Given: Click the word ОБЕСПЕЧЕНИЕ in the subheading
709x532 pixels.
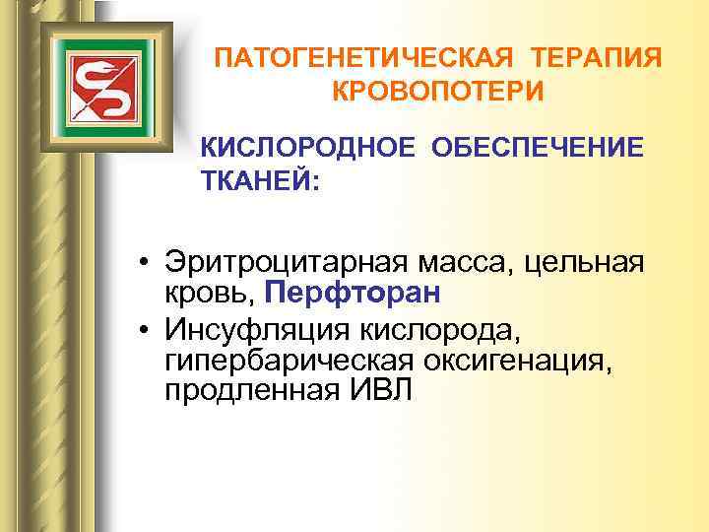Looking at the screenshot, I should coord(536,148).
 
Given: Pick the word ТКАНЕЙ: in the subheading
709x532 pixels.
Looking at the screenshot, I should coord(260,183).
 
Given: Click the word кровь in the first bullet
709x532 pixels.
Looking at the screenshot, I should coord(209,294).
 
